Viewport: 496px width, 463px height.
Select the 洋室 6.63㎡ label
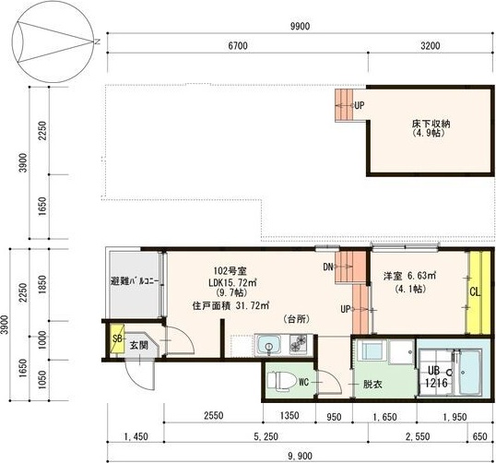pos(409,275)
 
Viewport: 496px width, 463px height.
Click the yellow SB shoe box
pos(117,338)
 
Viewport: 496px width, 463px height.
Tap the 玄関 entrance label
pos(138,345)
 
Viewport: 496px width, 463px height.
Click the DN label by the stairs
pos(329,267)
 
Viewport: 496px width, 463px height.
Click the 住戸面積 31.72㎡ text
pos(230,305)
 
